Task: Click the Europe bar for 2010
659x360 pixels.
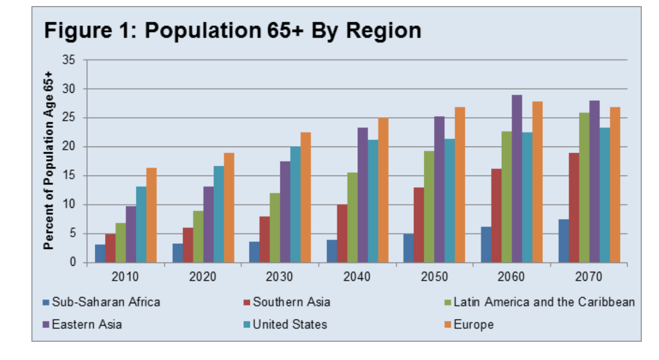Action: (x=152, y=215)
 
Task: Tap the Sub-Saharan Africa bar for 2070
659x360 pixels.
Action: (x=563, y=241)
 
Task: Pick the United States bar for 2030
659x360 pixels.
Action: (x=295, y=204)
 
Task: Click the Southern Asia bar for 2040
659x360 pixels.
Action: (x=342, y=233)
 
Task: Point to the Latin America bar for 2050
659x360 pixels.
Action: (x=429, y=206)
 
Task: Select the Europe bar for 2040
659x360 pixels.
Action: (x=383, y=190)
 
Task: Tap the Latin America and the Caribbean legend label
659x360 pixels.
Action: (x=544, y=302)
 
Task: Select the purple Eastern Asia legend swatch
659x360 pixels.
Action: (x=46, y=325)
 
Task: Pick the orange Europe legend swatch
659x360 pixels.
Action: (x=447, y=325)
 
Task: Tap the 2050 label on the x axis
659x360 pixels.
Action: (x=434, y=277)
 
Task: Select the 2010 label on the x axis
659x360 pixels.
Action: (x=125, y=277)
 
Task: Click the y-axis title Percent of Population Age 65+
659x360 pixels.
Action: (x=49, y=160)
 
